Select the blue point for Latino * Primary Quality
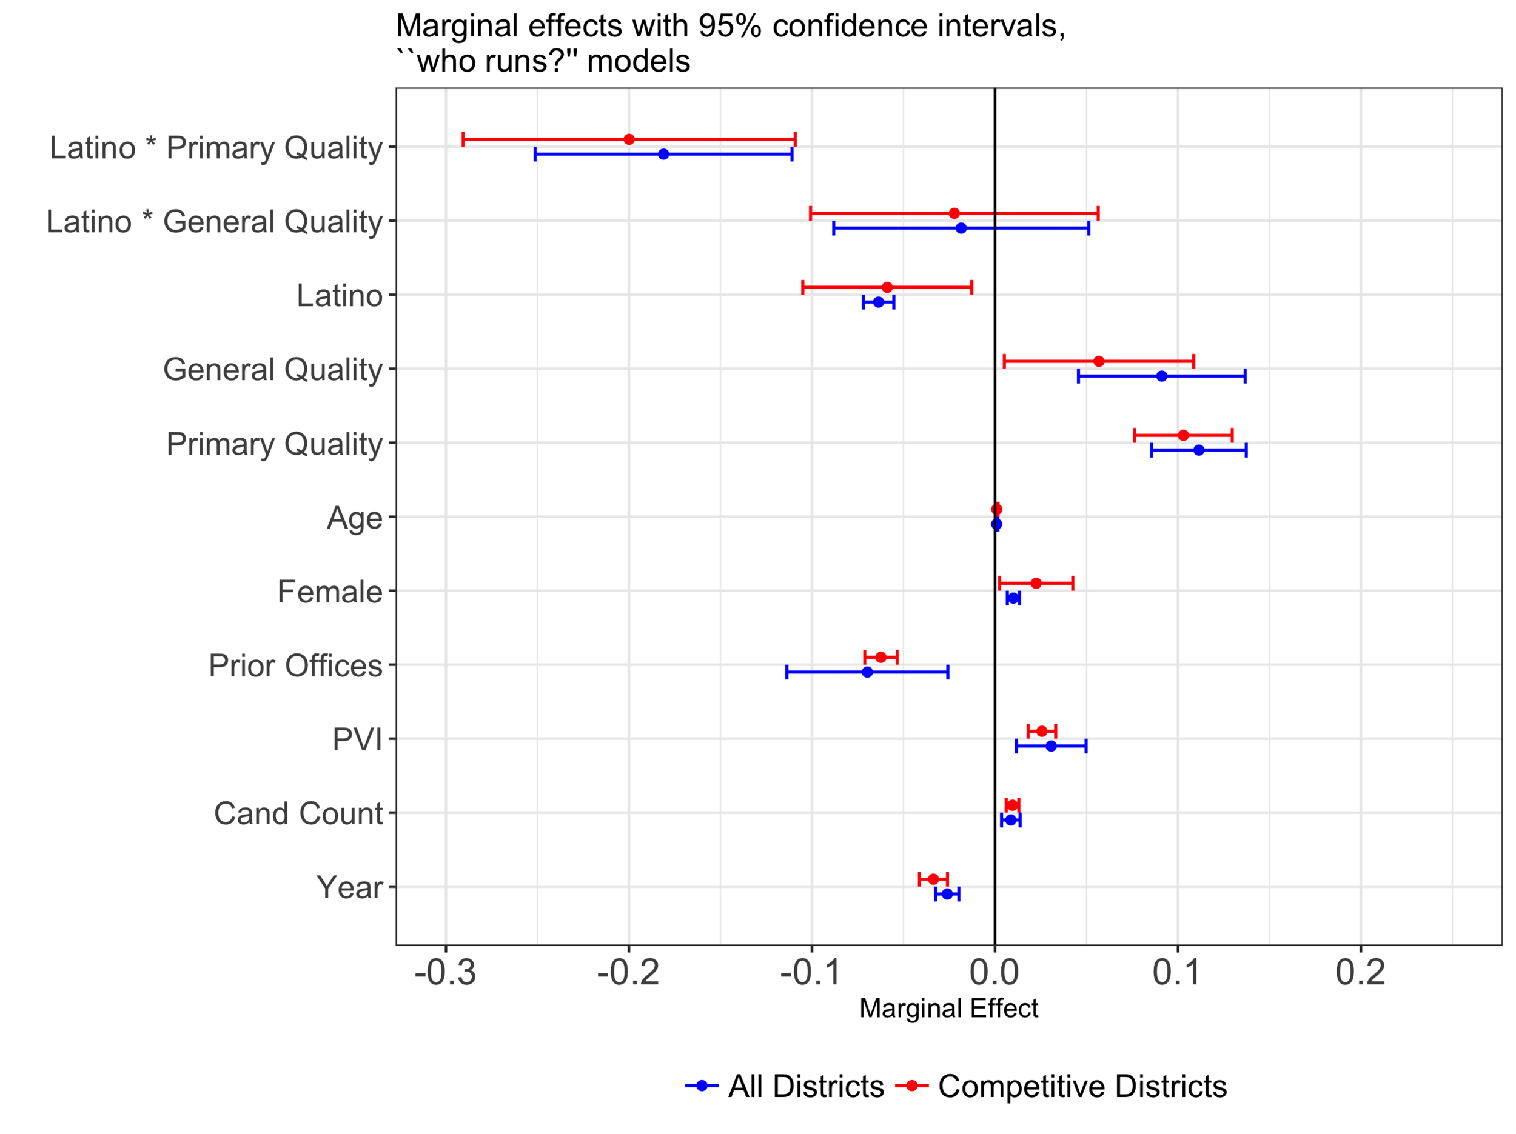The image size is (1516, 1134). [663, 154]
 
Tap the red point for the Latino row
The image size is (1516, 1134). [887, 288]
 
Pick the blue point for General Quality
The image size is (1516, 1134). [1162, 376]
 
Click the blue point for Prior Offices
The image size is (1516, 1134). [868, 672]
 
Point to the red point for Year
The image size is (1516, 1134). [933, 879]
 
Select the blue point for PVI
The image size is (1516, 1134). [1051, 746]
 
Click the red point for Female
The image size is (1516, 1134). [1036, 584]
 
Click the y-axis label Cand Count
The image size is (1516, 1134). [298, 814]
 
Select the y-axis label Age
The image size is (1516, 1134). [354, 518]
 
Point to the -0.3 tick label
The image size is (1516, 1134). [446, 973]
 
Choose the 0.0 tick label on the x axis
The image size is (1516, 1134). [994, 973]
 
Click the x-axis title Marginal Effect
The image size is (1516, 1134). [948, 1009]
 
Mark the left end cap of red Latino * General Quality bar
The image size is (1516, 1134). [811, 214]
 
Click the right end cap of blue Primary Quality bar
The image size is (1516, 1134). [1246, 450]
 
